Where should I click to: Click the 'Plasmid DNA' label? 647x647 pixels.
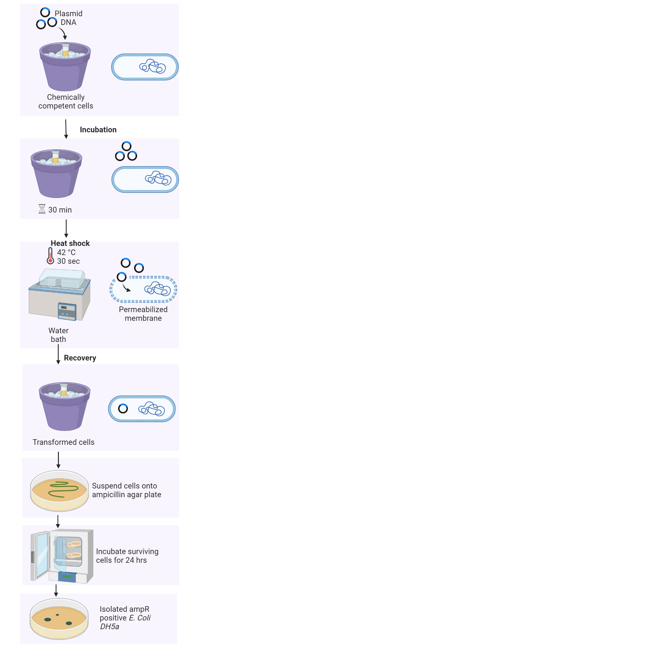(68, 18)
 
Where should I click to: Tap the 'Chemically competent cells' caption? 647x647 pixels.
(66, 102)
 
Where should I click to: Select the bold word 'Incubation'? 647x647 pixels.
(98, 130)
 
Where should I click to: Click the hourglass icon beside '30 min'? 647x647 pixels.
(42, 209)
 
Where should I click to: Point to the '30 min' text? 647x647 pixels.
(60, 210)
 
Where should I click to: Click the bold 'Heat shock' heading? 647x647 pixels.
(70, 243)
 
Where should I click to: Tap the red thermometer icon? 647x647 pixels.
(50, 256)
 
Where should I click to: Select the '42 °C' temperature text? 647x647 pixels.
(66, 252)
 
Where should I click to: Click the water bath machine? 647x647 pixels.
(60, 295)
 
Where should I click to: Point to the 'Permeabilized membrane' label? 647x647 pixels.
(143, 314)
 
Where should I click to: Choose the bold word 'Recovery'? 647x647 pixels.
(80, 358)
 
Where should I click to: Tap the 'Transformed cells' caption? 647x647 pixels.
(64, 442)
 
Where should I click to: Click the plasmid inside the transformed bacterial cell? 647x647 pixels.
(123, 409)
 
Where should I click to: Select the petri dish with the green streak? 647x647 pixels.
(59, 491)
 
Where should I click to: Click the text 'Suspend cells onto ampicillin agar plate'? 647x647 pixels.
(126, 490)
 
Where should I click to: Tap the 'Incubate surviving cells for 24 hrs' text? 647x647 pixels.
(127, 555)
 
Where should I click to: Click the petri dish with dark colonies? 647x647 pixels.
(59, 619)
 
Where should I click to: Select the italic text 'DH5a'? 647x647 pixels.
(110, 627)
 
